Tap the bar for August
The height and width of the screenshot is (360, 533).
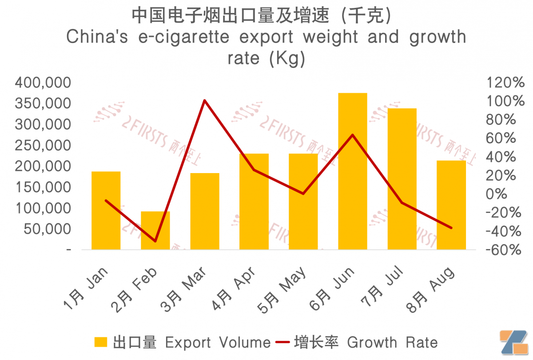[451, 205]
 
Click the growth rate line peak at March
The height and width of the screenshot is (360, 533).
[204, 100]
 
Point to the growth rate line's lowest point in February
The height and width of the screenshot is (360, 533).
[155, 241]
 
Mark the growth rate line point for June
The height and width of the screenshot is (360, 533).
[352, 135]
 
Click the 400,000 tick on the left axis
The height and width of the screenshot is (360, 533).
[43, 83]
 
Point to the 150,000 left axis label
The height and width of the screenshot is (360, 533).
[43, 187]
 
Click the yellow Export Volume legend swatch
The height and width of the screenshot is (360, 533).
[101, 342]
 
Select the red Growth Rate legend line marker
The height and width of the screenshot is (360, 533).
[282, 342]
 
